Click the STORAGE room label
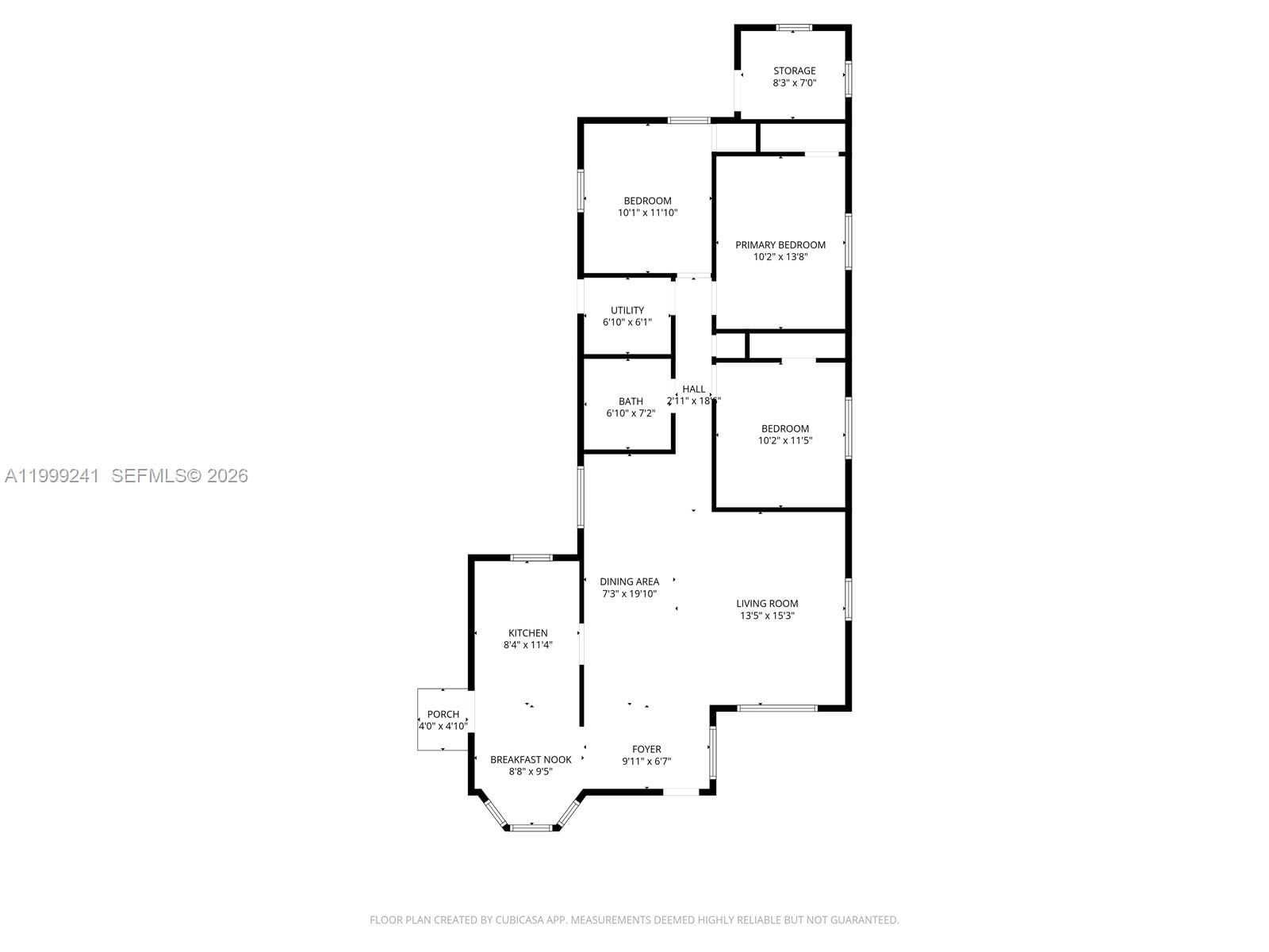[794, 71]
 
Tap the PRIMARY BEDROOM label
[780, 244]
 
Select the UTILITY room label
[627, 310]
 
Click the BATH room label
[631, 401]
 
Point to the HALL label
[694, 389]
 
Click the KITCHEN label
[528, 633]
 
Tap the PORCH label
[443, 714]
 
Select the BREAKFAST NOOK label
[531, 759]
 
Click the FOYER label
[646, 749]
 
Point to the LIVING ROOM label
[767, 603]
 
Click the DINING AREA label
[629, 582]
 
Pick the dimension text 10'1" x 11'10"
[647, 213]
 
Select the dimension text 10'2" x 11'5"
[785, 440]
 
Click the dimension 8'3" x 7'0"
[794, 83]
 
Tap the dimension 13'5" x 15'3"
[767, 615]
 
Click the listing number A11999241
[52, 475]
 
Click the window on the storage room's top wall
[794, 28]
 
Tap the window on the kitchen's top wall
[531, 558]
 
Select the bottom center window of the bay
[531, 827]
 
